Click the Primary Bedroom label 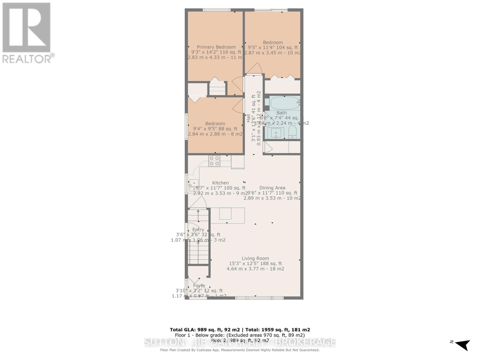[x=216, y=47]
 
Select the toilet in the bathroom [x=292, y=132]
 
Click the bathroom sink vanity [x=276, y=132]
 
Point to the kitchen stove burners [x=214, y=161]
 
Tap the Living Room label [x=255, y=258]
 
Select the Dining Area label [x=272, y=188]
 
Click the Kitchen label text [x=220, y=183]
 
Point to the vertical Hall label [x=248, y=118]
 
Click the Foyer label [x=199, y=286]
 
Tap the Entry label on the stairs [x=198, y=229]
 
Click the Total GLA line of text [x=240, y=329]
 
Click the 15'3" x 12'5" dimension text [x=255, y=264]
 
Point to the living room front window [x=259, y=298]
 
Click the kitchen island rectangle [x=227, y=215]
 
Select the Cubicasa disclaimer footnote [x=240, y=350]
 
